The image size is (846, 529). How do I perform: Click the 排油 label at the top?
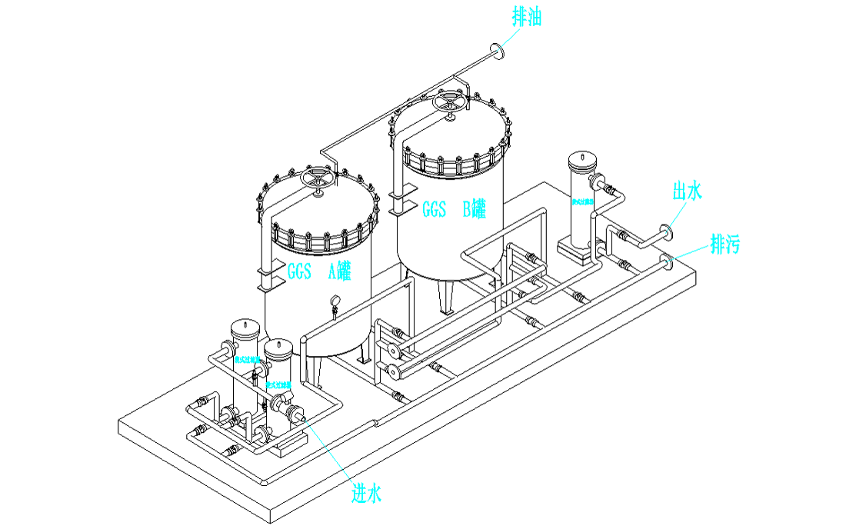pos(527,17)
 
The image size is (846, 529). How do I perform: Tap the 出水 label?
pos(687,191)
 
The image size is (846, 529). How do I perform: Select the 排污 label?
pos(724,245)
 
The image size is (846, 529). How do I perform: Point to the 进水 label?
pos(367,492)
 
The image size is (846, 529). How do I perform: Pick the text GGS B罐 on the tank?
pos(454,209)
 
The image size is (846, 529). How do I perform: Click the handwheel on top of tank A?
pos(318,179)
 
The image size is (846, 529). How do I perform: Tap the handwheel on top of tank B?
pos(449,103)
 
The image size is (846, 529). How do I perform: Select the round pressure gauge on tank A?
pos(336,301)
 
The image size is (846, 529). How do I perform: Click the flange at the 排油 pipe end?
pos(498,52)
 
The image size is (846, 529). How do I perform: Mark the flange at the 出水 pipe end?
pos(665,232)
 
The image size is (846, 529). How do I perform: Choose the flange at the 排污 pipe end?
pos(668,261)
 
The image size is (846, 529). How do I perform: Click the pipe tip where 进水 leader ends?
pos(302,418)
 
